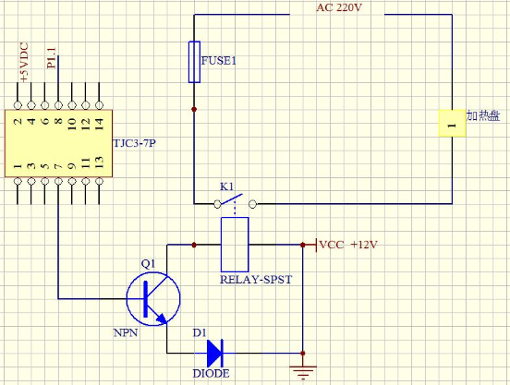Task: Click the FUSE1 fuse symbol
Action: point(194,62)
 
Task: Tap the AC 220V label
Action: point(339,7)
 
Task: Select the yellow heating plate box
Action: point(452,123)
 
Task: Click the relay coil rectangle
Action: point(235,245)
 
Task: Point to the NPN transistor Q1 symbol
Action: point(153,298)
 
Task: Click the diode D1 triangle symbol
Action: point(214,353)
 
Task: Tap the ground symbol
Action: point(303,372)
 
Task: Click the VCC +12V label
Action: point(348,245)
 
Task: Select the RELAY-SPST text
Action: point(256,280)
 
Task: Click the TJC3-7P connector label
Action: point(134,143)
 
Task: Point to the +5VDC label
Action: point(24,62)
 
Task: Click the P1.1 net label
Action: point(52,58)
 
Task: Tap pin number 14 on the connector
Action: point(99,124)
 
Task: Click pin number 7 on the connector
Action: point(58,167)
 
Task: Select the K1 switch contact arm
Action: point(231,199)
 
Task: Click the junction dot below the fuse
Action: point(194,109)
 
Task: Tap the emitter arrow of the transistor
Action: point(162,319)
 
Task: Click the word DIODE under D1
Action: point(211,373)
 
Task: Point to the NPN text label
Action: point(126,332)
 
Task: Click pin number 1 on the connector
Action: point(18,166)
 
